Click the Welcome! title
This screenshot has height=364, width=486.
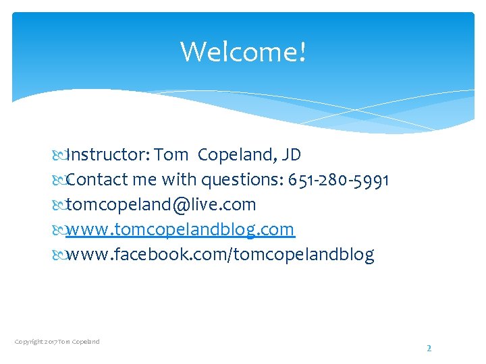tap(243, 51)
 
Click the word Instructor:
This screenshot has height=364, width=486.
tap(108, 155)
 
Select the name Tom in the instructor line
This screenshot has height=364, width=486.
tap(171, 155)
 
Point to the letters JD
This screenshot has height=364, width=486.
tap(291, 155)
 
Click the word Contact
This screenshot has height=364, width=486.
tap(96, 180)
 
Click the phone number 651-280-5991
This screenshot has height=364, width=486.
tap(338, 180)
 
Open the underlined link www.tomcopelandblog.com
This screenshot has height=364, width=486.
tap(180, 230)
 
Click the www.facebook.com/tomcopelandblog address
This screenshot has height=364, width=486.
tap(220, 255)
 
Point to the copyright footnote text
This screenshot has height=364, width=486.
tap(57, 342)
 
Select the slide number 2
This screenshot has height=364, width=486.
tap(428, 348)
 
